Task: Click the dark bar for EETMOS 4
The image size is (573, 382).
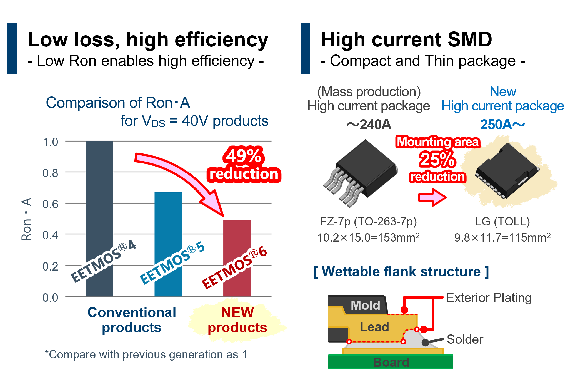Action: point(99,195)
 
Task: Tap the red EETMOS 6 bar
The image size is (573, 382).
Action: point(237,236)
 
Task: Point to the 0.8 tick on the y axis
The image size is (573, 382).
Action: point(50,173)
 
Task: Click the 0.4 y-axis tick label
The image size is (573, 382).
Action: point(50,235)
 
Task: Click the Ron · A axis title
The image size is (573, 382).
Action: point(27,219)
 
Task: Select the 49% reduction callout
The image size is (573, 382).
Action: point(244,165)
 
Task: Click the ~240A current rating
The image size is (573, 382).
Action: point(369,125)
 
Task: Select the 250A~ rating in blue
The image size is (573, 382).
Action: point(502,125)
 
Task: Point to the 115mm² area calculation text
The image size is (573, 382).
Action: point(502,238)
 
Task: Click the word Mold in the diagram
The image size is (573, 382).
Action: point(365,305)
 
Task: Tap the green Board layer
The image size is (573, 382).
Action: point(391,362)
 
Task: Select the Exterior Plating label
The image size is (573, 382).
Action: point(489,298)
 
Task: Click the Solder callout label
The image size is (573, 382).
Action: point(465,339)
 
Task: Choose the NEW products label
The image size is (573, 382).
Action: point(237,320)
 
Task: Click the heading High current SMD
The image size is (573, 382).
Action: point(406,39)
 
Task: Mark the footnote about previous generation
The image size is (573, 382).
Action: point(146,354)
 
